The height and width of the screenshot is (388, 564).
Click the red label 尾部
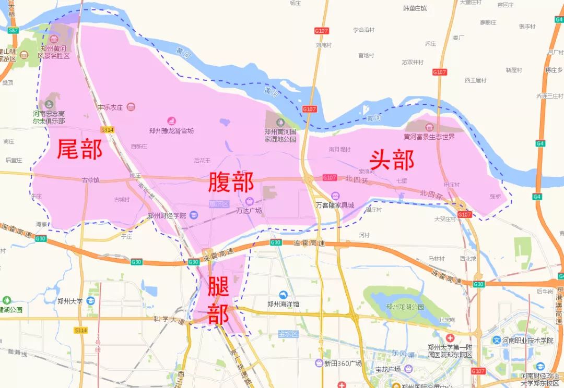point(79,149)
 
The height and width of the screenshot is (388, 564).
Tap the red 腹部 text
point(231,182)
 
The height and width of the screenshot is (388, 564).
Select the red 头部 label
point(392,160)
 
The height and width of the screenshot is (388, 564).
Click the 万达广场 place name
point(249,211)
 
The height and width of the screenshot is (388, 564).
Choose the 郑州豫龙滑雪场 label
point(171,130)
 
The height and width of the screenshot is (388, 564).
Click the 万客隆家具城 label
point(335,205)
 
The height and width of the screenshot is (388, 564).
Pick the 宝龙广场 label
point(387,369)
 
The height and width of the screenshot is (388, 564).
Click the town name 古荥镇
point(90,180)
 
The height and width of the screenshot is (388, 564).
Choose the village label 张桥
point(495,197)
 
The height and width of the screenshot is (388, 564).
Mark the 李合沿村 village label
point(363,30)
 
